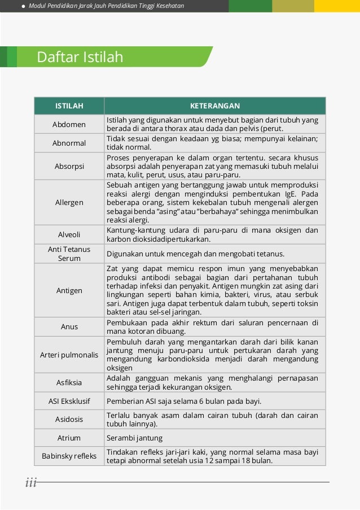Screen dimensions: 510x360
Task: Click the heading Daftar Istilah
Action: pos(80,57)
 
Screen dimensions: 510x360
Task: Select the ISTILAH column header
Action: pos(69,106)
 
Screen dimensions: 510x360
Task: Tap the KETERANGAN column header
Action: pos(214,106)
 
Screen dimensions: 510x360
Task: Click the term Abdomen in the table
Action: pos(69,124)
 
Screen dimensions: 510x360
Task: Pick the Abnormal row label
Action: pos(69,143)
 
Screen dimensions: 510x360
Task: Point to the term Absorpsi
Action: pos(69,167)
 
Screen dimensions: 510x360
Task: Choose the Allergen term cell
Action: pos(69,202)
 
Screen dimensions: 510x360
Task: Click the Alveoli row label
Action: pos(69,234)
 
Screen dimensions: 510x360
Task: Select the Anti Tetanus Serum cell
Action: pos(69,254)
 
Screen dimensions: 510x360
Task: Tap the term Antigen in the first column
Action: pos(69,290)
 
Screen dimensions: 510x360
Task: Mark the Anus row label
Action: pos(69,326)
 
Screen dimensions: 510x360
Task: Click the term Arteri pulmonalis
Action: pos(69,355)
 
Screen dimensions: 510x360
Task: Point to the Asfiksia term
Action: pos(69,382)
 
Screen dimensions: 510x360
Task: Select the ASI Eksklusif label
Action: pos(69,401)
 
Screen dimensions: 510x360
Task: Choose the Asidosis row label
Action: pos(69,419)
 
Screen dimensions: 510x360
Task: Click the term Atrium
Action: pos(69,438)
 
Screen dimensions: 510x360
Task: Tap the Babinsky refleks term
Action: pos(69,456)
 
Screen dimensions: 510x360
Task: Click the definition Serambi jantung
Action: pos(134,438)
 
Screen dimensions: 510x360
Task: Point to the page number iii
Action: pos(30,482)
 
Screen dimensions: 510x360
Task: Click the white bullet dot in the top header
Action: pos(23,6)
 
